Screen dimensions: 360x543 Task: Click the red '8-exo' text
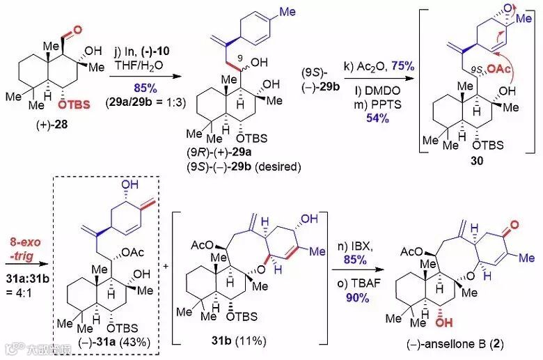click(27, 242)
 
